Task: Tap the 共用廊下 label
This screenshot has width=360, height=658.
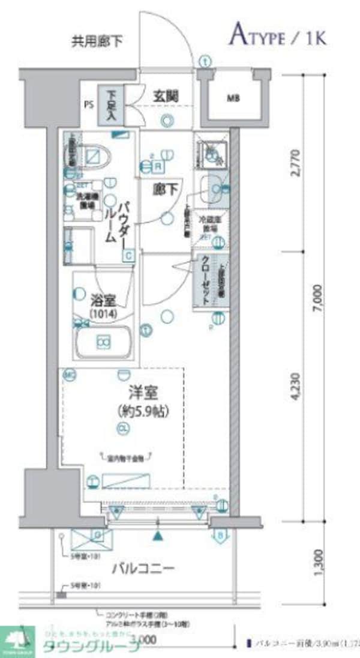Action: tap(97, 41)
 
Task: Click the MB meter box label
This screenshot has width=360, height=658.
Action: tap(232, 98)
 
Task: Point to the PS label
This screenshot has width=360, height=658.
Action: tap(89, 104)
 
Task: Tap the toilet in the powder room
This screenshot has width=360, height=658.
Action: tap(95, 155)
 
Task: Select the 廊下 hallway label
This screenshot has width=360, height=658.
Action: tap(167, 190)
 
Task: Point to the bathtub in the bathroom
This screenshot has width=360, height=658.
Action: tap(103, 342)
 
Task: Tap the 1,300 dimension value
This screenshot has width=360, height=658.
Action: tap(318, 559)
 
